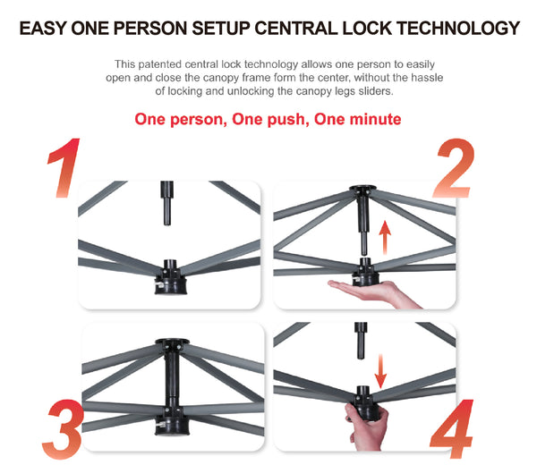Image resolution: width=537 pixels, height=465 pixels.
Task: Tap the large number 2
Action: coord(454,167)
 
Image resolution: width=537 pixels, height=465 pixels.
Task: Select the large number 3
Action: coord(63,429)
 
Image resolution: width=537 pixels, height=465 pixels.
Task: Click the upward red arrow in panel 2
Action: coord(385,238)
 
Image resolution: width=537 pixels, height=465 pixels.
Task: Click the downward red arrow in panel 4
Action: coord(380,371)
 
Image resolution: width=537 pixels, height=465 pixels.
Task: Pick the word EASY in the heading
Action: coord(42,28)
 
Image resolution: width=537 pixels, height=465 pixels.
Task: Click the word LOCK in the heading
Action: coord(367,28)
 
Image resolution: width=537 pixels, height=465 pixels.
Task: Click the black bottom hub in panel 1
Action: coord(171,278)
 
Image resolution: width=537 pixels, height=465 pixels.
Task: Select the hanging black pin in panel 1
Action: coord(166,203)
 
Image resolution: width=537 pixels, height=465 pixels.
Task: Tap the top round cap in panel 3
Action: coord(172,342)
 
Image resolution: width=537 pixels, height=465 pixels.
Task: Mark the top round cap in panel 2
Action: coord(362,188)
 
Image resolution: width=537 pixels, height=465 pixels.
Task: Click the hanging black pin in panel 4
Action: coord(361,341)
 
